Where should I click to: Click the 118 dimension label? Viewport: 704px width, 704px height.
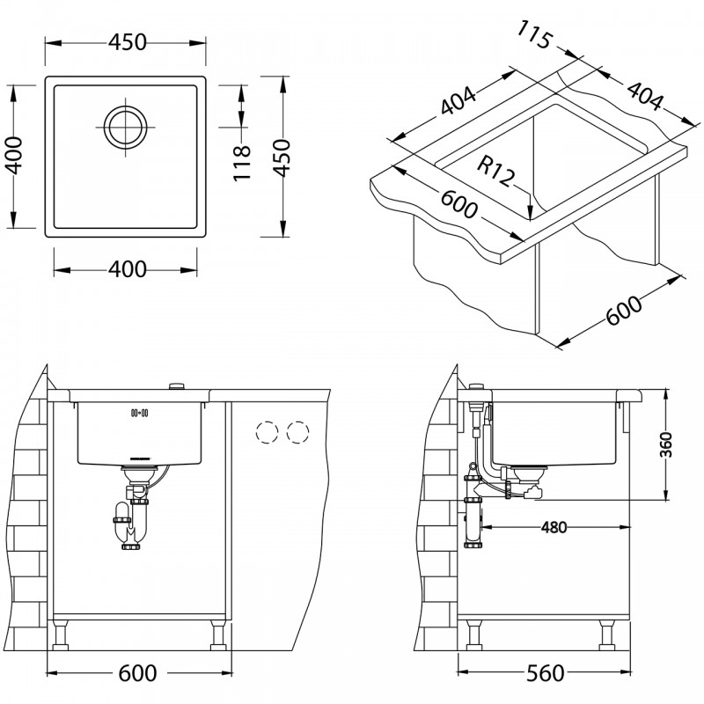coord(242,163)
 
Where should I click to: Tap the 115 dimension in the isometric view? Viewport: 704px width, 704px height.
coord(534,35)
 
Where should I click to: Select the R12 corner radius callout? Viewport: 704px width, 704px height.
coord(495,171)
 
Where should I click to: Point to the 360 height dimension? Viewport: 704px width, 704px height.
coord(667,444)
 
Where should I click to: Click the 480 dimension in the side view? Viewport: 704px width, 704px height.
coord(554,527)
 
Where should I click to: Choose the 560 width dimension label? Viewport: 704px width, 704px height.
coord(545,673)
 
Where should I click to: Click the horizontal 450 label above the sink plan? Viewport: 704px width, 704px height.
coord(128,42)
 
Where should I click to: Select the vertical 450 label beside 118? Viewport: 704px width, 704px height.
coord(282,158)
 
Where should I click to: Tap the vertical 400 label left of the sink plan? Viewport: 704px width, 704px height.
coord(13,156)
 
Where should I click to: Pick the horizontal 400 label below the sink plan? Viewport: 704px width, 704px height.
coord(128,269)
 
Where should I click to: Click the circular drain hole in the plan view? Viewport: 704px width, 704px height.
coord(126,127)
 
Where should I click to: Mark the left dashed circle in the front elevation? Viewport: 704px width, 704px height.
coord(267,432)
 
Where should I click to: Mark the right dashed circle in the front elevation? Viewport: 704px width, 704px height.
coord(297,432)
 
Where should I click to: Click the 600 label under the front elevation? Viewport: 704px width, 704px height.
coord(137,673)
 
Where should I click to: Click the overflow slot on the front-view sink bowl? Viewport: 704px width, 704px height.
coord(140,413)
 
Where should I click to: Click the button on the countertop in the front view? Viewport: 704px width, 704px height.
coord(177,386)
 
